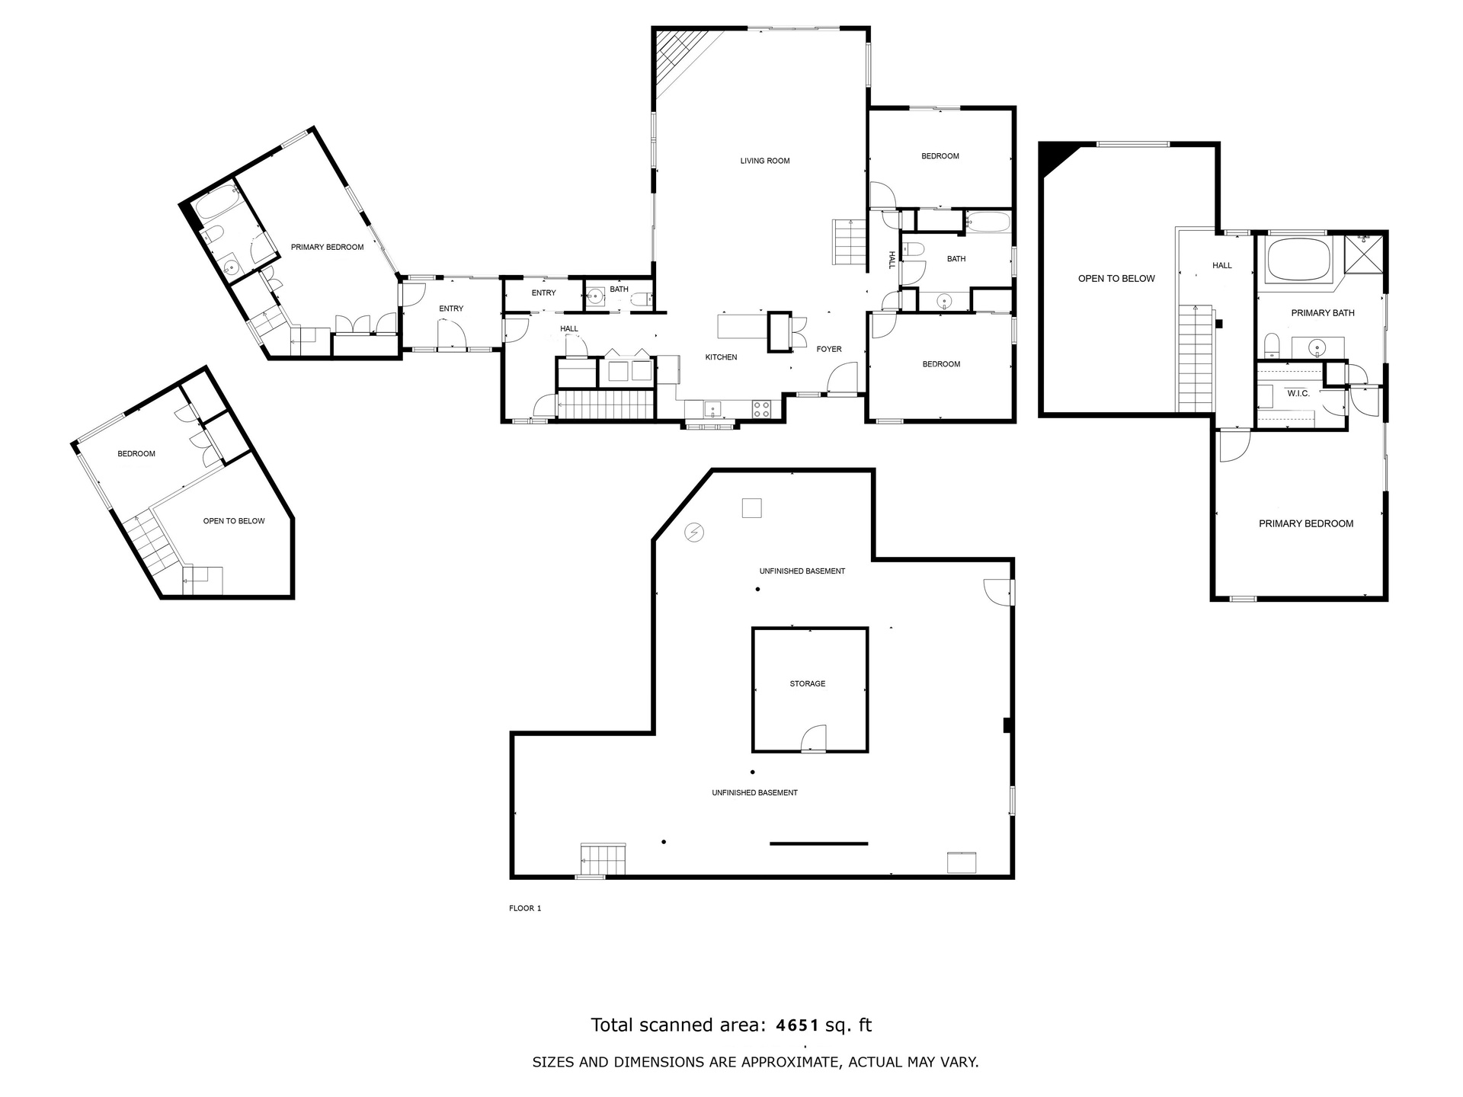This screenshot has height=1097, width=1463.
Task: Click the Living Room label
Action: coord(765,161)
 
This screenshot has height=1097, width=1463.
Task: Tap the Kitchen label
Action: coord(721,357)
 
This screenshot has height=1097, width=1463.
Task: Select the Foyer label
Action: coord(829,349)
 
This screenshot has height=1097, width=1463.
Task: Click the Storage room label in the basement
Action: coord(808,683)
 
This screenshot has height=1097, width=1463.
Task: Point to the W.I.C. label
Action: coord(1298,393)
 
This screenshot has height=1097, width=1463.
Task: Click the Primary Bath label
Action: coord(1323,313)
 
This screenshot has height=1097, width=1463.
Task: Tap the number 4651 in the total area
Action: coord(797,1025)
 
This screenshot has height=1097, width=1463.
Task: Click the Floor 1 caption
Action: coord(525,908)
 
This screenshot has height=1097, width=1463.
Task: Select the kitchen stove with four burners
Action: coord(762,408)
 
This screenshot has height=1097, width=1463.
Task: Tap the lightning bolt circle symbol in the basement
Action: coord(694,532)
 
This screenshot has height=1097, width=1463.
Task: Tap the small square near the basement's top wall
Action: coord(752,507)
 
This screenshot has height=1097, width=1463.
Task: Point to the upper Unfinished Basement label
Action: coord(802,571)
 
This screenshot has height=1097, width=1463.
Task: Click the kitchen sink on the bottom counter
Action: coord(712,410)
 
